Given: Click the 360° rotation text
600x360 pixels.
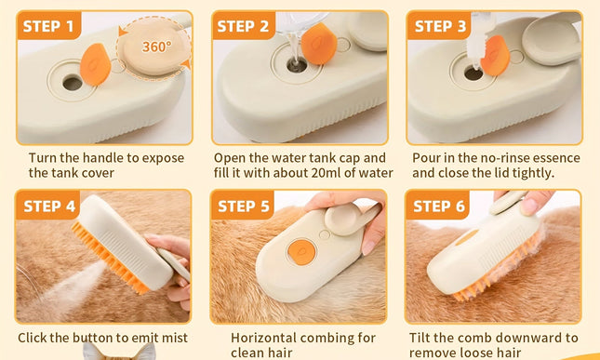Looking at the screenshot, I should click(155, 45).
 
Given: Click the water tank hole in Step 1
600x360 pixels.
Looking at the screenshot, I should click(73, 83).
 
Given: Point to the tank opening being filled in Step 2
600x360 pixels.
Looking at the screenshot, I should click(294, 65).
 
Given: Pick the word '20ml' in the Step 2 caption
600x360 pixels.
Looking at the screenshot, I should click(331, 173).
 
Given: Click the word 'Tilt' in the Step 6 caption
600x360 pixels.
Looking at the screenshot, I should click(423, 338).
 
